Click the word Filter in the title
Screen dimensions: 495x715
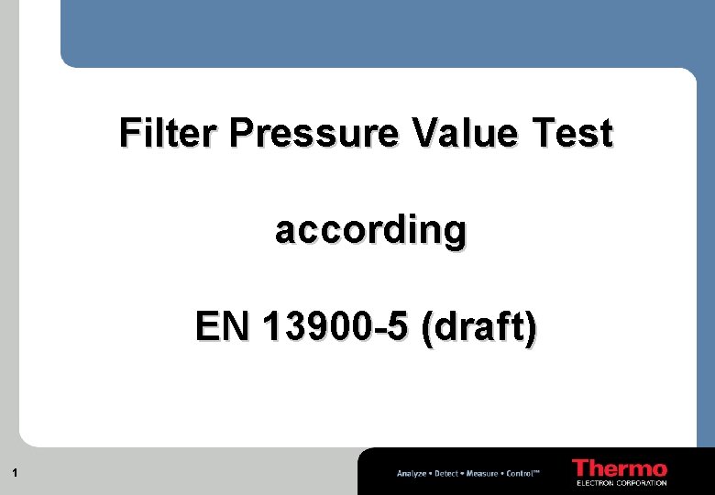pos(170,134)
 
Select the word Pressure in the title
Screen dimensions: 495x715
pos(314,134)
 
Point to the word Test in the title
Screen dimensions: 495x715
pos(572,134)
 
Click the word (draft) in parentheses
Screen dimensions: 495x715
pos(479,327)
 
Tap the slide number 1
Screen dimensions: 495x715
pos(16,473)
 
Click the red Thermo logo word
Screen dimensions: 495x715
pos(620,467)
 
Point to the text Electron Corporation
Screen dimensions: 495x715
pos(621,482)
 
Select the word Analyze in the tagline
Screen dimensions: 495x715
pos(412,473)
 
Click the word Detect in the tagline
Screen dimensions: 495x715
pos(446,473)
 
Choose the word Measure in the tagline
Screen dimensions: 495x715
pos(481,473)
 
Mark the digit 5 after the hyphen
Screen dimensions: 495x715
pos(398,326)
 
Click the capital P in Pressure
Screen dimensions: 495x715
pos(240,134)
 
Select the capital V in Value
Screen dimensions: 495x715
pos(424,134)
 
